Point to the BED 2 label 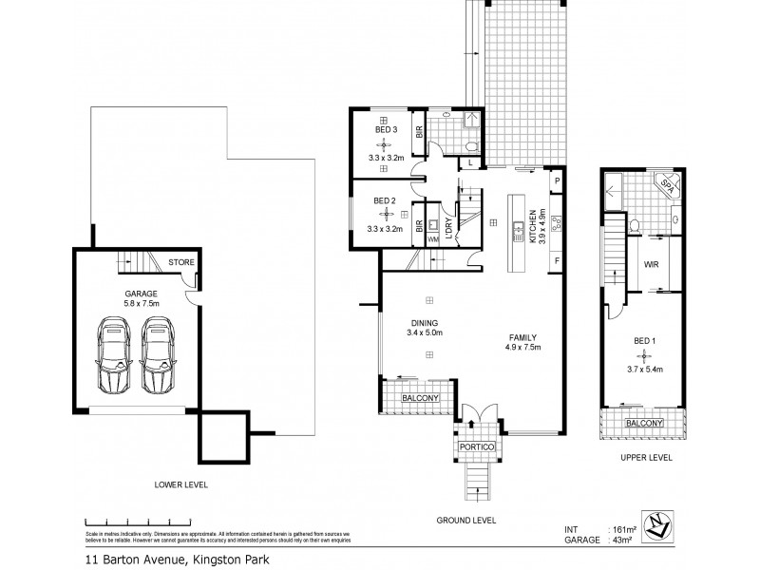coord(384,200)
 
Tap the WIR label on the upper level coord(652,265)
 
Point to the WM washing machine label coord(433,239)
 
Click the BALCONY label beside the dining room coord(420,398)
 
